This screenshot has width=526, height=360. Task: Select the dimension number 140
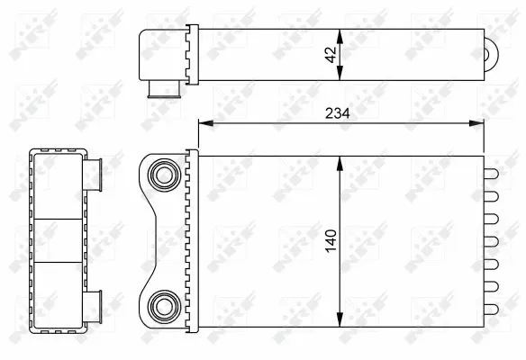click(331, 239)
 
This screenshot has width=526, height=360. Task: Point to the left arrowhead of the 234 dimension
click(201, 123)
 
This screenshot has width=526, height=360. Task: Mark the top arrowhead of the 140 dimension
click(340, 159)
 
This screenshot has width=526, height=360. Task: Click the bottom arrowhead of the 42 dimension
click(340, 78)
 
